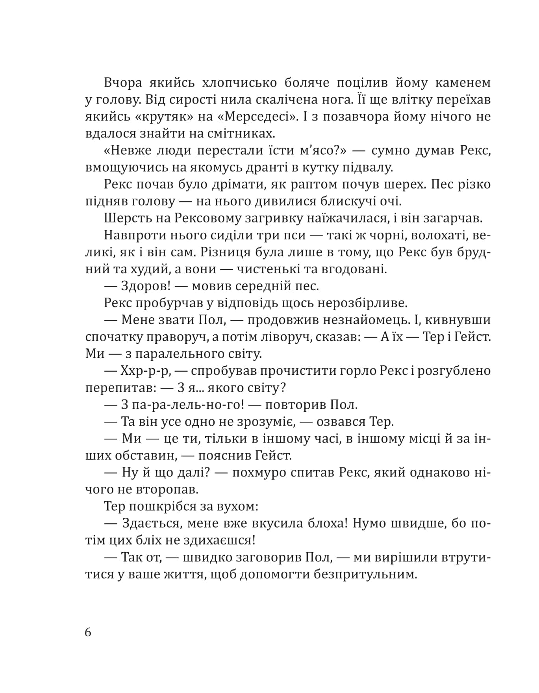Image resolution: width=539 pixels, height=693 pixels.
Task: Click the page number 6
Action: coord(88,632)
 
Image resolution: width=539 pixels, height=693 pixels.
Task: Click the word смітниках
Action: coord(242,133)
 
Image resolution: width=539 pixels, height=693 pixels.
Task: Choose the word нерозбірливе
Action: coord(358,303)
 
